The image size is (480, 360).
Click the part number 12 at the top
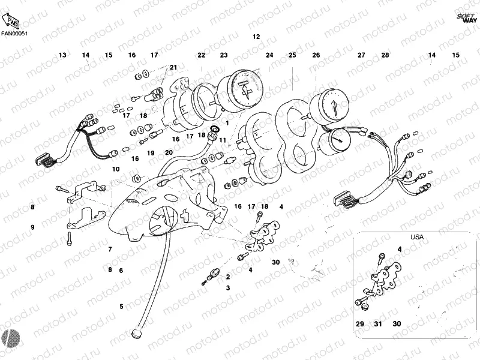(x=256, y=37)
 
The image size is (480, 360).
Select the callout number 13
(x=62, y=55)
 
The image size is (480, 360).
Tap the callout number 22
(x=201, y=55)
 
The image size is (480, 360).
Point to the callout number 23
(x=224, y=55)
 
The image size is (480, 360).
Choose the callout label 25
(x=292, y=55)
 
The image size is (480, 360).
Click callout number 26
(x=316, y=55)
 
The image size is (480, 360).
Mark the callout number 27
(x=361, y=55)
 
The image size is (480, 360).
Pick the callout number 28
(x=385, y=55)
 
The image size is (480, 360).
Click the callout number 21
(x=173, y=67)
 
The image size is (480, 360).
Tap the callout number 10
(x=115, y=169)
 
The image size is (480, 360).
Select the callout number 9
(x=33, y=227)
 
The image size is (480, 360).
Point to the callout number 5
(x=121, y=307)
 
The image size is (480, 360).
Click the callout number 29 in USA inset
(x=360, y=324)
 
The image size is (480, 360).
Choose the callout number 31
(x=378, y=324)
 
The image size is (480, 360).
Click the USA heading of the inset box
(x=416, y=237)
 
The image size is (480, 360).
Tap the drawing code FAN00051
(x=15, y=34)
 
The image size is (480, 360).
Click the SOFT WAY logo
(x=466, y=17)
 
